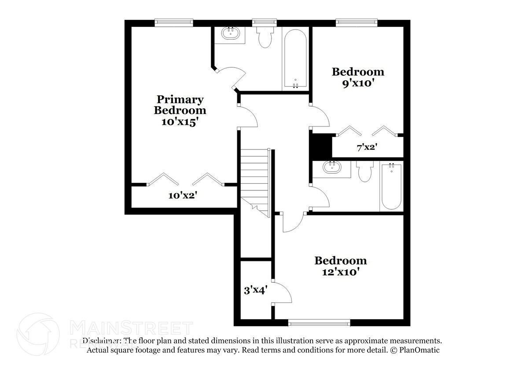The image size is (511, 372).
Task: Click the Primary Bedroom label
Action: coord(180,105)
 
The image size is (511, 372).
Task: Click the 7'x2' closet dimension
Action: coord(367,147)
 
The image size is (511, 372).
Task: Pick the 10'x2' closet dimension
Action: coord(182,195)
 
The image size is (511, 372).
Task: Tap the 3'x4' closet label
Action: coord(256,290)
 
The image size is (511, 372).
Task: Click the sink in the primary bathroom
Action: coord(230,33)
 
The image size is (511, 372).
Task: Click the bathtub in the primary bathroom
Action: coord(295,60)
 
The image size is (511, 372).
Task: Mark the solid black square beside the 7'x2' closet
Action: coord(321,145)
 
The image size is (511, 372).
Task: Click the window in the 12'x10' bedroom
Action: coord(319,323)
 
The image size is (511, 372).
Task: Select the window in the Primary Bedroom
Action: coord(174,21)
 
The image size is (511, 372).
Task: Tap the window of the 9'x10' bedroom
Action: coord(357,21)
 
